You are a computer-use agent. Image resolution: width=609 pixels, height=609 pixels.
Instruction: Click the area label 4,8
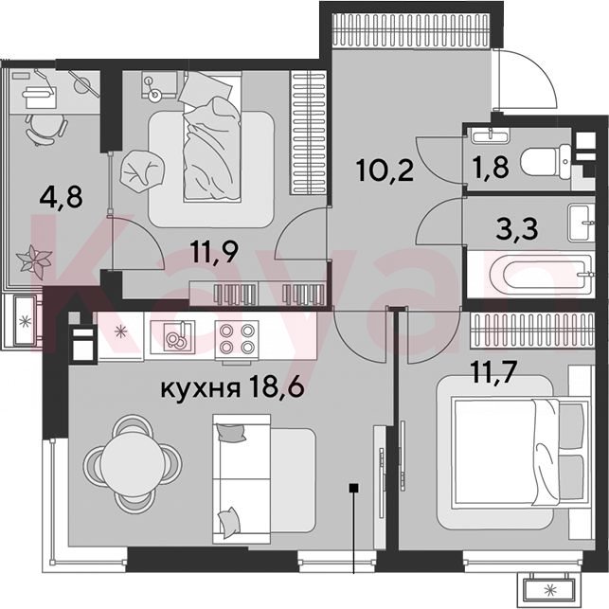(61, 197)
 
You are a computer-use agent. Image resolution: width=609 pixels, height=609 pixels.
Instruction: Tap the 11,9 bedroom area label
(214, 252)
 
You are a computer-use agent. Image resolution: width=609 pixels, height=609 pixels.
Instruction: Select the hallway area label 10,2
(385, 170)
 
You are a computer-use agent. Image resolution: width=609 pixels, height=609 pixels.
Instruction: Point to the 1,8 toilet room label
(491, 167)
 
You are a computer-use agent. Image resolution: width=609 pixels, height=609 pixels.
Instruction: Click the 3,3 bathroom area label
(517, 229)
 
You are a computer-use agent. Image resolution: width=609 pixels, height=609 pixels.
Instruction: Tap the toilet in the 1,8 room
(546, 162)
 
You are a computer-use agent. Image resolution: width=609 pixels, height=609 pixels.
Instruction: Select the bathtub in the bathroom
(530, 275)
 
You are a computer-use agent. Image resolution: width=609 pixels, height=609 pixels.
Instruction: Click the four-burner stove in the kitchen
(237, 337)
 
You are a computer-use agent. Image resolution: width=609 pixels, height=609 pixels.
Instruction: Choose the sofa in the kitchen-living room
(263, 478)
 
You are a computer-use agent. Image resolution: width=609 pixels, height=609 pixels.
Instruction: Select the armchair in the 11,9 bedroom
(142, 170)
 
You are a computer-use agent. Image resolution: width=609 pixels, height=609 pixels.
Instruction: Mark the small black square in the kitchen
(353, 488)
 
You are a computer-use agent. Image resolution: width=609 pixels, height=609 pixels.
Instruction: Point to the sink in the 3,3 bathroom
(582, 223)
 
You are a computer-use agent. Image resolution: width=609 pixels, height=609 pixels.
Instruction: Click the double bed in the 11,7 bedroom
(519, 453)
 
